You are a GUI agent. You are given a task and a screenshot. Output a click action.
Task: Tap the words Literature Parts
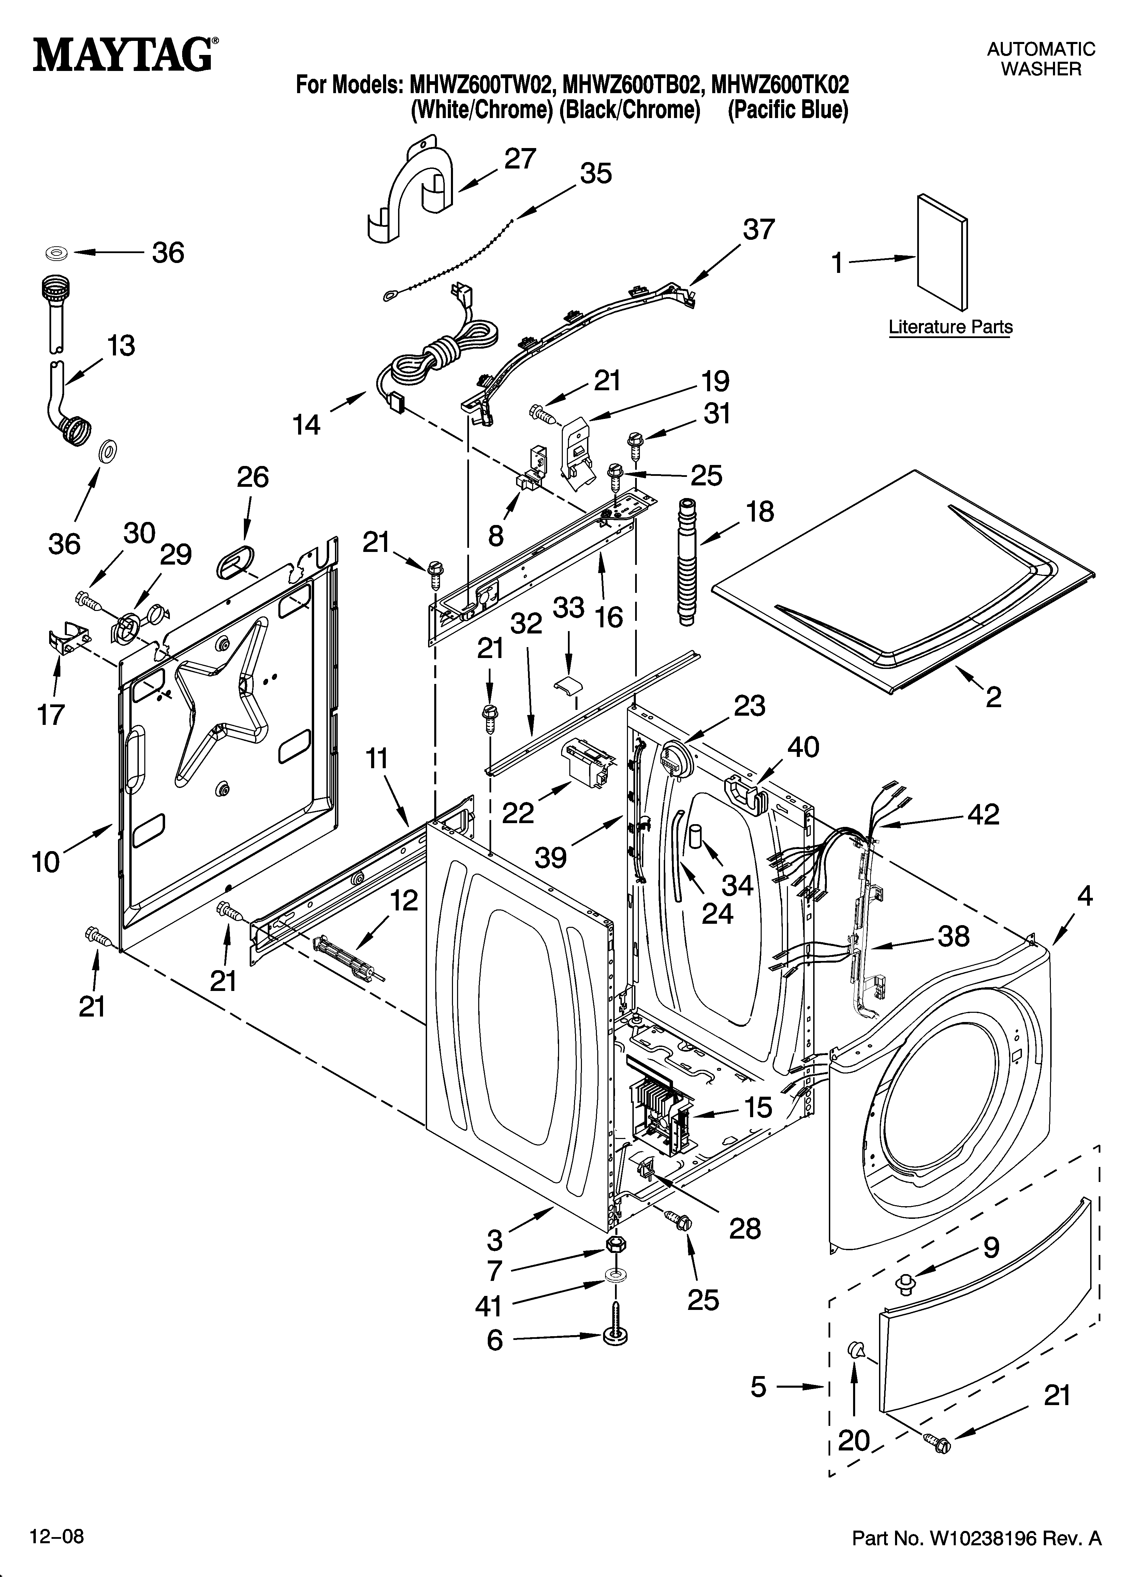(x=950, y=327)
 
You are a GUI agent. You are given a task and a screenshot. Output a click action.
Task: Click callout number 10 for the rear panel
(x=46, y=862)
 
